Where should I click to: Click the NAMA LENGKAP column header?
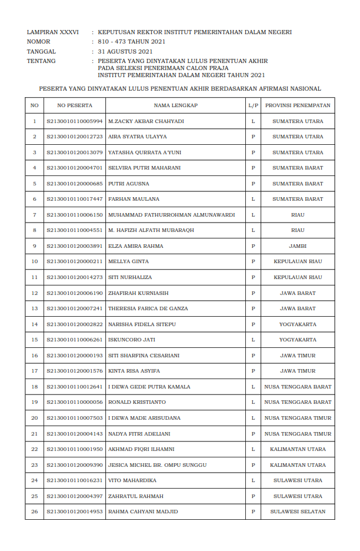pyautogui.click(x=175, y=105)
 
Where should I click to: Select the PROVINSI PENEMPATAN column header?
pyautogui.click(x=298, y=105)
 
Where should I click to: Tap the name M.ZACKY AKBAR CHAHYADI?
pyautogui.click(x=146, y=121)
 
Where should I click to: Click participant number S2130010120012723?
pyautogui.click(x=75, y=137)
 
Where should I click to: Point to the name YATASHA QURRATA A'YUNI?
pyautogui.click(x=145, y=152)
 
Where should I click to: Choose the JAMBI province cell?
pyautogui.click(x=298, y=246)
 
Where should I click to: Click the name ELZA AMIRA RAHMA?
pyautogui.click(x=136, y=246)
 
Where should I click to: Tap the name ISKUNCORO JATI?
pyautogui.click(x=131, y=340)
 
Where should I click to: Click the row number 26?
pyautogui.click(x=34, y=512)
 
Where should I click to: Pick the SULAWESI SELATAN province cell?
pyautogui.click(x=298, y=512)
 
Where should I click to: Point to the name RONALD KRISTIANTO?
pyautogui.click(x=137, y=402)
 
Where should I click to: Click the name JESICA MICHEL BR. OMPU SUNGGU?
pyautogui.click(x=157, y=465)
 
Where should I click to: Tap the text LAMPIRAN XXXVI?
pyautogui.click(x=52, y=32)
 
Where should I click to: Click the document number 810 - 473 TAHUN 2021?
pyautogui.click(x=131, y=42)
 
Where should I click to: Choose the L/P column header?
pyautogui.click(x=253, y=105)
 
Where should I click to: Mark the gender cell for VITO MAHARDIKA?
pyautogui.click(x=253, y=480)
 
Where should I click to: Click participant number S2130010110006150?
pyautogui.click(x=75, y=215)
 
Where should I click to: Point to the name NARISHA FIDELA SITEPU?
pyautogui.click(x=142, y=324)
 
